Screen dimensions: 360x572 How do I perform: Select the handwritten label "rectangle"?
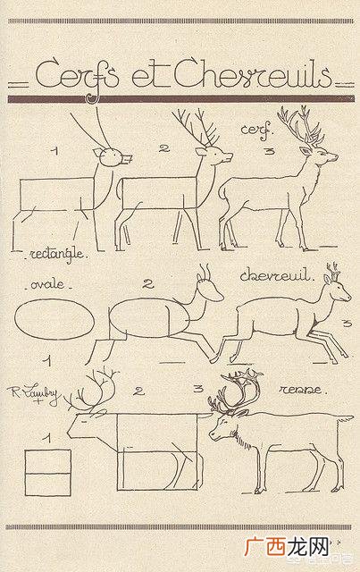pos(58,255)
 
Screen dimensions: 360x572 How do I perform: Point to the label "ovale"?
pos(47,284)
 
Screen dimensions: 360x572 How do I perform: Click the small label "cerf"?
pos(256,130)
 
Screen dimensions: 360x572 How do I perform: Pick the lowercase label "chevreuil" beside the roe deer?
pos(276,275)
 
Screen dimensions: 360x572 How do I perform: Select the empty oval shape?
pos(54,320)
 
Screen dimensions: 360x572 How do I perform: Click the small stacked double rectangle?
pos(47,473)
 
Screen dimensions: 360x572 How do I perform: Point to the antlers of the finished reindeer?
pos(235,392)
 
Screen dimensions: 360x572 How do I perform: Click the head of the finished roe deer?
pos(338,289)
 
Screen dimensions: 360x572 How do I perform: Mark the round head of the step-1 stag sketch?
pos(111,157)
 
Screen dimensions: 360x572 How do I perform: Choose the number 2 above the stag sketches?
pos(164,148)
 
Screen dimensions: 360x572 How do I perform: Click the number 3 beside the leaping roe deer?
pos(347,323)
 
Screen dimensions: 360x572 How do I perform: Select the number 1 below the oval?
pos(47,361)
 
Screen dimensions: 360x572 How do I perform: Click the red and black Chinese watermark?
pos(288,546)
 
